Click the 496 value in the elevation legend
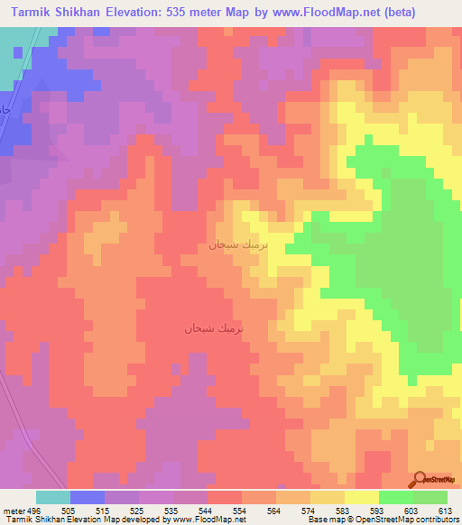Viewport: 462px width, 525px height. pyautogui.click(x=30, y=510)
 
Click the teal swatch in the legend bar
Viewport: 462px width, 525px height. pyautogui.click(x=53, y=497)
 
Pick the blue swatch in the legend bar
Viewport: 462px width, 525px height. pyautogui.click(x=88, y=497)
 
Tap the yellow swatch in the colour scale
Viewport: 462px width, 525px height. pyautogui.click(x=361, y=497)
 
